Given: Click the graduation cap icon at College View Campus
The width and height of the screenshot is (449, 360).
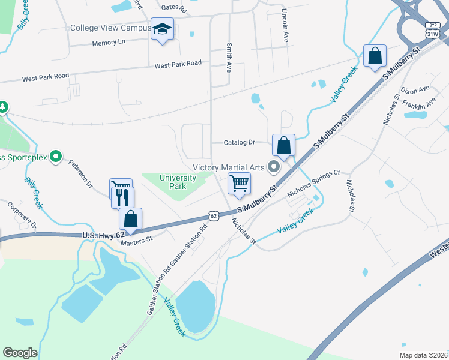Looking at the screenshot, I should pyautogui.click(x=161, y=29).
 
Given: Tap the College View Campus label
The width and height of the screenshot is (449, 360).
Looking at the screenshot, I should pyautogui.click(x=110, y=28).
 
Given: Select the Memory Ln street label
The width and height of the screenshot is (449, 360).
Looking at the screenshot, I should pyautogui.click(x=109, y=43).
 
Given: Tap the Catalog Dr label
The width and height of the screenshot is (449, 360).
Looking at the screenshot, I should pyautogui.click(x=240, y=143).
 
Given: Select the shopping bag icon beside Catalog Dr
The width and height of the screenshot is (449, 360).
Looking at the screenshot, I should pyautogui.click(x=283, y=145).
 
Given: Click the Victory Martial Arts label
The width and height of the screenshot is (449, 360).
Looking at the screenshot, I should pyautogui.click(x=228, y=167).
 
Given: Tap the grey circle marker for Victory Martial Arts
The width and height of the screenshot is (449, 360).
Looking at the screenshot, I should pyautogui.click(x=275, y=167).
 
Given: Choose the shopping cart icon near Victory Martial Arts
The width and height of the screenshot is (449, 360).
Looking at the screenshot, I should pyautogui.click(x=239, y=183).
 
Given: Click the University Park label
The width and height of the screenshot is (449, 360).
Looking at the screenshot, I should pyautogui.click(x=178, y=182).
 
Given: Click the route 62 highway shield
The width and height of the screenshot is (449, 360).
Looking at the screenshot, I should pyautogui.click(x=213, y=215).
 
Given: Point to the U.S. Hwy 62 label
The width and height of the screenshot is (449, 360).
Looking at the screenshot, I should pyautogui.click(x=103, y=236).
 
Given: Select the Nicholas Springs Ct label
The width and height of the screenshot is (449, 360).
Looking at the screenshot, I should pyautogui.click(x=313, y=183).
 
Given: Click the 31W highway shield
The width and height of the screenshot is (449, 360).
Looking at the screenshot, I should pyautogui.click(x=432, y=34).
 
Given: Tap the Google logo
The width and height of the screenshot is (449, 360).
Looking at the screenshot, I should pyautogui.click(x=20, y=353).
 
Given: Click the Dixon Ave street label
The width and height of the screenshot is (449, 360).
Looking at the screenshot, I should pyautogui.click(x=416, y=90).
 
